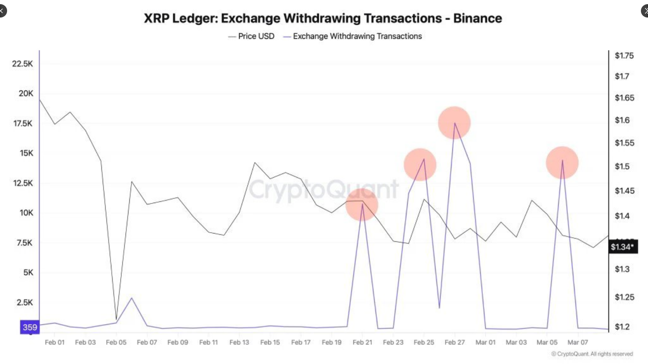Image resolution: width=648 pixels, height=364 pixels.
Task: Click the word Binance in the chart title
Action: [477, 18]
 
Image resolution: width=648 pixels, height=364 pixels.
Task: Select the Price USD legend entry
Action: [256, 36]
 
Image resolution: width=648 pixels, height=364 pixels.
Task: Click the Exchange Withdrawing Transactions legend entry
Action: [357, 36]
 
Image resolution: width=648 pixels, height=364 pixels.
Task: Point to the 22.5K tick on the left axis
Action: [22, 64]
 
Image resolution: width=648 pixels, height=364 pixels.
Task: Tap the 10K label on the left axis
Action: [26, 213]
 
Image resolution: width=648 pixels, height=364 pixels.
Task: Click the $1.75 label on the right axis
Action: [624, 55]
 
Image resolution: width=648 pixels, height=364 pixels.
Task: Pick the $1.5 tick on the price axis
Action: [622, 166]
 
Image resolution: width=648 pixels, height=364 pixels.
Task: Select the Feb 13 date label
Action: [239, 342]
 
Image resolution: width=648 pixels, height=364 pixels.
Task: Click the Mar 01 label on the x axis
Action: [485, 342]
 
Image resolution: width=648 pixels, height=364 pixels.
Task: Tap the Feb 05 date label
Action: [116, 342]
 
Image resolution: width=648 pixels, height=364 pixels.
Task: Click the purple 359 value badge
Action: [30, 327]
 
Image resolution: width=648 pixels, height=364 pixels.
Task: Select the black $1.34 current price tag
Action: [622, 247]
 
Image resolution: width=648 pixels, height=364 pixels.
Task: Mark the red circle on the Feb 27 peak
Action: [454, 123]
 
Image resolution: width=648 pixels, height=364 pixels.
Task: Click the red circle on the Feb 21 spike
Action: [362, 205]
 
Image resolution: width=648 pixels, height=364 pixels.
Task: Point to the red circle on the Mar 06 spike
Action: [562, 162]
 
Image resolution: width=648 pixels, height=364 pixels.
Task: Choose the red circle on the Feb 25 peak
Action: [420, 164]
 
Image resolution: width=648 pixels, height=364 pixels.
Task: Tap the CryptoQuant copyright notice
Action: [592, 354]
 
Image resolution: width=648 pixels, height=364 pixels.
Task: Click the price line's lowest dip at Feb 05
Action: [116, 319]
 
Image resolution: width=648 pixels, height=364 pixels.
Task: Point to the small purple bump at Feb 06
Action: [131, 298]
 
